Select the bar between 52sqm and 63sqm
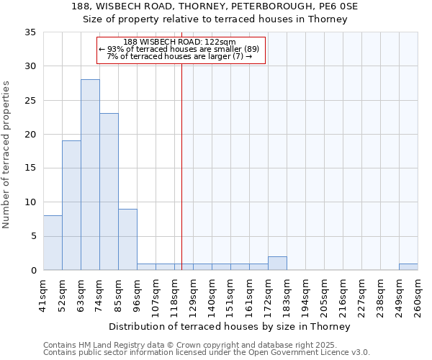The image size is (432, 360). coord(71,205)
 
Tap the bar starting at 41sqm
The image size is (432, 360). coord(53,243)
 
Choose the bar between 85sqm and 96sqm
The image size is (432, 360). coord(127,239)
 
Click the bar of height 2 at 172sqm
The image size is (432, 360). coord(277,264)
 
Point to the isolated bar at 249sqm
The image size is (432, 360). coord(408,266)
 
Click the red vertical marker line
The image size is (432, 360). coord(181,166)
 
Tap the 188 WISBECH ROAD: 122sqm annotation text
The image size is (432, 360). coord(180,42)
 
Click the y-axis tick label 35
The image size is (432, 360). coord(30,32)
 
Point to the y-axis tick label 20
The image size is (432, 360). coord(30,135)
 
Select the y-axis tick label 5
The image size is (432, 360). coord(33,236)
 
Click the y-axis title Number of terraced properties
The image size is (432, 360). coord(6,154)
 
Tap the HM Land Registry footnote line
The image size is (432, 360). coord(205,346)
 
